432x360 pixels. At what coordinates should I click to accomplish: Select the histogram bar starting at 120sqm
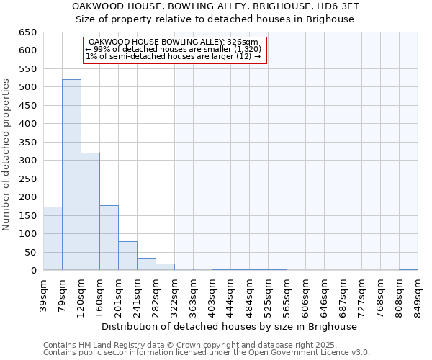pyautogui.click(x=90, y=212)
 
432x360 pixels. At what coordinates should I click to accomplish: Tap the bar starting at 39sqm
pyautogui.click(x=53, y=238)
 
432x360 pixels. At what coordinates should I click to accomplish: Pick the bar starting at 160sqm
pyautogui.click(x=109, y=238)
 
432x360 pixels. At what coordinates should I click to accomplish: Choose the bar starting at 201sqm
pyautogui.click(x=127, y=256)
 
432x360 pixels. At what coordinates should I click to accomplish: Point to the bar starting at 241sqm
pyautogui.click(x=146, y=264)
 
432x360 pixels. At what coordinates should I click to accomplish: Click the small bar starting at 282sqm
pyautogui.click(x=165, y=266)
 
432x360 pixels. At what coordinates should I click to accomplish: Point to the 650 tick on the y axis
pyautogui.click(x=28, y=32)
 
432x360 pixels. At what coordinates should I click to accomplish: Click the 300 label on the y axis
pyautogui.click(x=28, y=161)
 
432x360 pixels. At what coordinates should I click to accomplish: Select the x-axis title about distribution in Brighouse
pyautogui.click(x=230, y=326)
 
